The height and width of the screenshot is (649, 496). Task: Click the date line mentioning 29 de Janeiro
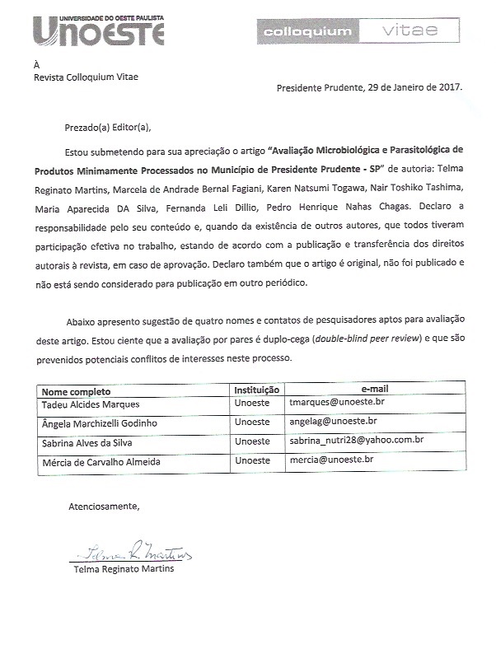369,86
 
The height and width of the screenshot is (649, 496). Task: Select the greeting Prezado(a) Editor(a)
108,127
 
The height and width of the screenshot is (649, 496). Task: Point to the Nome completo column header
76,391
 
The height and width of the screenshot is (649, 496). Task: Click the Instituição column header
258,390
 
